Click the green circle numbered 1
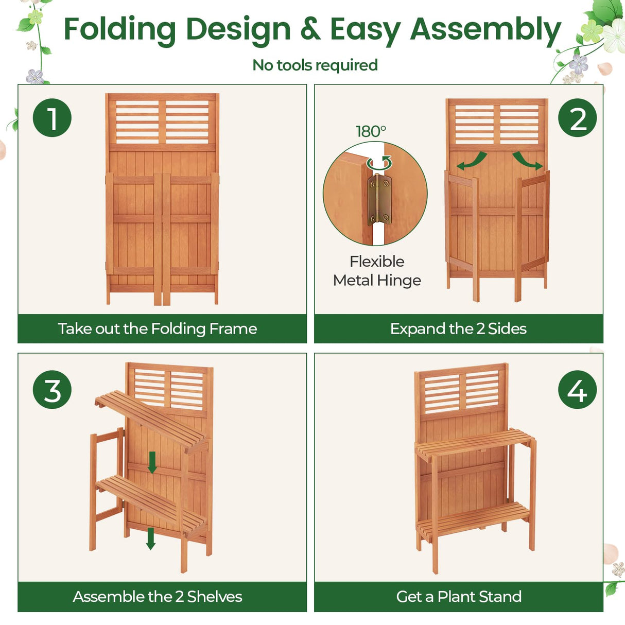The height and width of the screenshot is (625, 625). tap(52, 118)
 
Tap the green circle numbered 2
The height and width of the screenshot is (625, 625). tap(578, 118)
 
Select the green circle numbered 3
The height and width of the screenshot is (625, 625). tap(52, 390)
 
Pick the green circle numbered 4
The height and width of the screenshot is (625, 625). tap(577, 390)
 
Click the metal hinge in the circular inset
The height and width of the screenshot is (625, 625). tap(379, 200)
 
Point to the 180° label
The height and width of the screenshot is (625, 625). tap(371, 131)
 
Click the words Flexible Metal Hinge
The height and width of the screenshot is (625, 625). tap(377, 271)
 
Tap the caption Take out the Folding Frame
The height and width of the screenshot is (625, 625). tap(158, 328)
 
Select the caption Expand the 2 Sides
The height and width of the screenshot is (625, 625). tap(458, 328)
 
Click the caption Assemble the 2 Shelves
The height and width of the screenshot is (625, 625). tap(158, 597)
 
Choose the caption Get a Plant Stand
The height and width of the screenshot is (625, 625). tap(459, 597)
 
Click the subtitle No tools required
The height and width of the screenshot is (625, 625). tap(315, 65)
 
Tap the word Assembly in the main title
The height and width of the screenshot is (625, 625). tap(485, 29)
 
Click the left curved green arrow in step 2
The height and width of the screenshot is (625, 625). tap(472, 161)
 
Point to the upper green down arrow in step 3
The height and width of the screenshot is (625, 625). tap(152, 462)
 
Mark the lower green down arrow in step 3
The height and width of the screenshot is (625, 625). tap(151, 538)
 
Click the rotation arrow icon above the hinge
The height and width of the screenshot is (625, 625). tap(379, 164)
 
